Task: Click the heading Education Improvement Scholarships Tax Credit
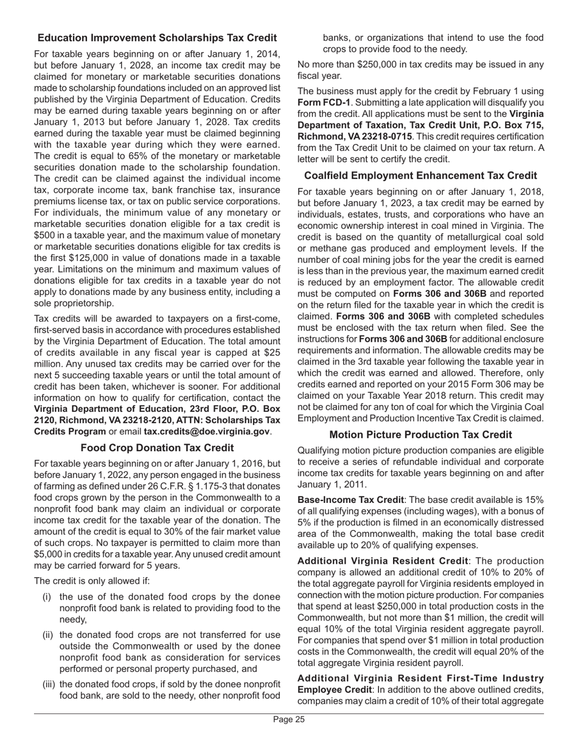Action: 157,38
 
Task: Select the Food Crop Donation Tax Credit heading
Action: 157,448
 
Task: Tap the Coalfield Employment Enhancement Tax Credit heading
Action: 420,176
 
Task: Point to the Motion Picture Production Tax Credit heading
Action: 420,435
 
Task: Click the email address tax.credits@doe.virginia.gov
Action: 207,431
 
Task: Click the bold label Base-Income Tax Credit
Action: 350,500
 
